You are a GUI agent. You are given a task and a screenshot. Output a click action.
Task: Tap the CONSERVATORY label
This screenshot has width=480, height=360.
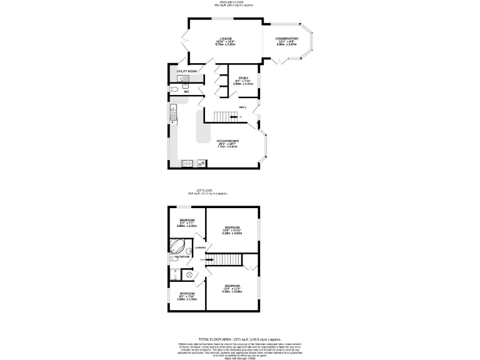coord(287,39)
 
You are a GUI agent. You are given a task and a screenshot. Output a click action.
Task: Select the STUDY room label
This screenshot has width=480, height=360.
coord(243,77)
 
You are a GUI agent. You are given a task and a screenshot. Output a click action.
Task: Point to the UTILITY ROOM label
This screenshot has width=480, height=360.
coord(186,72)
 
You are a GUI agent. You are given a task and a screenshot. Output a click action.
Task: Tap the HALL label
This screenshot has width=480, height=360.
coord(242,107)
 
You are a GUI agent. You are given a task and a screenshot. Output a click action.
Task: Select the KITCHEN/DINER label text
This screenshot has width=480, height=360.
coord(227,141)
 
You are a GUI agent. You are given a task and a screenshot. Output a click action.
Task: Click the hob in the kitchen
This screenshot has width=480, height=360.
coord(186,164)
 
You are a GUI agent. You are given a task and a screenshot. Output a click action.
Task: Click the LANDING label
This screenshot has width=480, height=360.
coord(201,248)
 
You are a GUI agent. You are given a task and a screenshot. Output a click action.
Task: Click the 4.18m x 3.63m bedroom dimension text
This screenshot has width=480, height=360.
coord(232,232)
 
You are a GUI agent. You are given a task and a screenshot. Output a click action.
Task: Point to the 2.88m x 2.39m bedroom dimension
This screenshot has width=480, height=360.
coord(187,299)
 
